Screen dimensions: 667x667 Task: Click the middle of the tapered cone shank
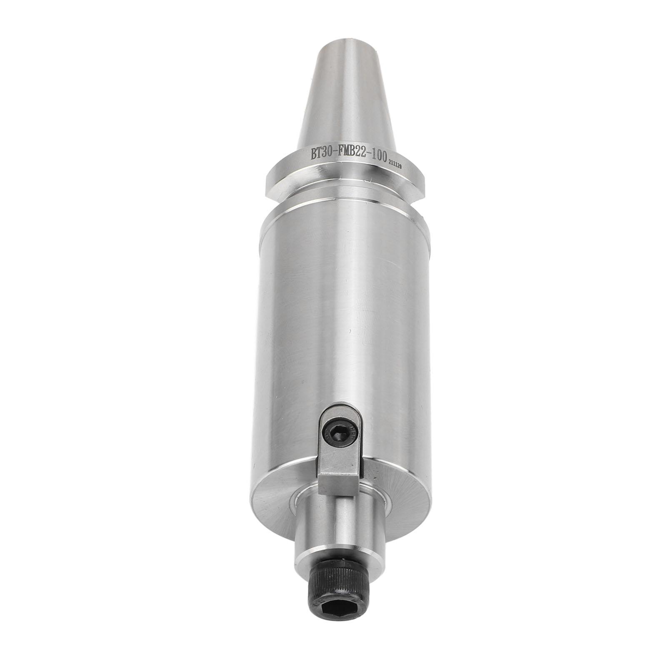click(x=344, y=100)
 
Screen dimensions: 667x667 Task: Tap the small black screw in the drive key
click(x=337, y=436)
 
